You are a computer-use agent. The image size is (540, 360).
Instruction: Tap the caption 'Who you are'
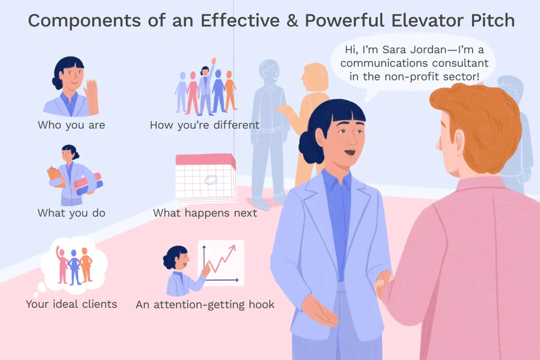(71, 125)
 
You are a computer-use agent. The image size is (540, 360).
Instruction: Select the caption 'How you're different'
(205, 125)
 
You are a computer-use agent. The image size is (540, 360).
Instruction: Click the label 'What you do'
(71, 213)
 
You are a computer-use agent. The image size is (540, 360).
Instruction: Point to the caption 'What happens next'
(205, 213)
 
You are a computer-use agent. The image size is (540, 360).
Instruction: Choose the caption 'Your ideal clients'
(71, 304)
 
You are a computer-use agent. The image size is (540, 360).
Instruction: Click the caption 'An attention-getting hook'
(205, 304)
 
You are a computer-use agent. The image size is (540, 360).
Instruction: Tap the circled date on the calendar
(210, 181)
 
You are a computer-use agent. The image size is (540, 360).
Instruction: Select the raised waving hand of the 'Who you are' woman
(92, 91)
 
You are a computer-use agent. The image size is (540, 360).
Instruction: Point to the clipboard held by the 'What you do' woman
(55, 174)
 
